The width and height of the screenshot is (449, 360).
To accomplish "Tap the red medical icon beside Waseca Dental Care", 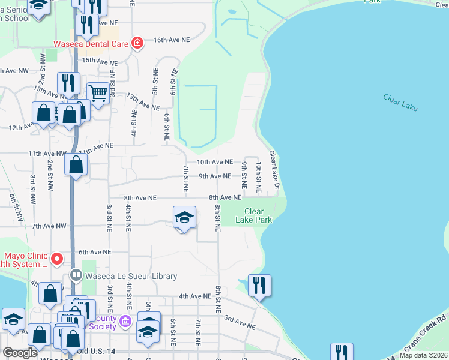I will (x=137, y=43).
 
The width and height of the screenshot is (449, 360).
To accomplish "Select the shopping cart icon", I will (x=98, y=92).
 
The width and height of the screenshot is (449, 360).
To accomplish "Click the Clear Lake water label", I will (x=400, y=102).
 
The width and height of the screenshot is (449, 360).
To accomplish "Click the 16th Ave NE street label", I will (x=172, y=39).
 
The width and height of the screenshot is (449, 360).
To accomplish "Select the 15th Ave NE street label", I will (x=100, y=61).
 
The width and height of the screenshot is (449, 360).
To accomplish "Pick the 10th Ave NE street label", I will (x=215, y=162).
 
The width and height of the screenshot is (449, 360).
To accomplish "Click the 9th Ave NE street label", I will (x=214, y=176).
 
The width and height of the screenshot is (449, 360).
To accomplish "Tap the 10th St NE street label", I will (x=259, y=176).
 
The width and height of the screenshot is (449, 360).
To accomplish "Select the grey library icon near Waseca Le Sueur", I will (x=76, y=276).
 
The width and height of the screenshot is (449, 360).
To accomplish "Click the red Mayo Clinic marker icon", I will (x=57, y=259).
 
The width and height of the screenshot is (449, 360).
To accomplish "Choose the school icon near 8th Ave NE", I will (x=184, y=217).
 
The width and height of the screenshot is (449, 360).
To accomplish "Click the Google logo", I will (x=20, y=353).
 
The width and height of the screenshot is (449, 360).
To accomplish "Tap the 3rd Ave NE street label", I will (x=240, y=324).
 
